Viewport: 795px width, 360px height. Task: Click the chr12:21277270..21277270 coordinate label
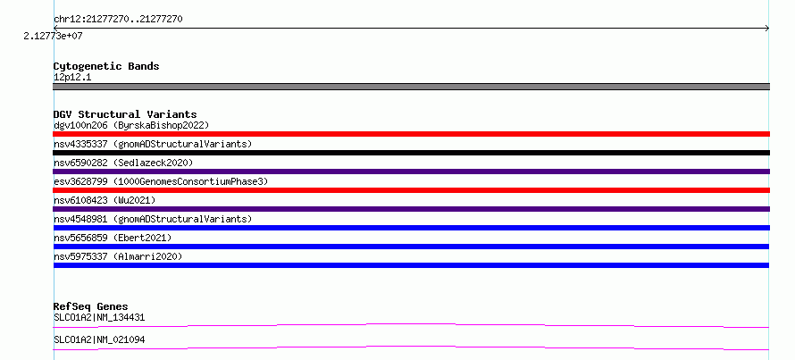118,20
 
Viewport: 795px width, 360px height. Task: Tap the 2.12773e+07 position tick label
53,36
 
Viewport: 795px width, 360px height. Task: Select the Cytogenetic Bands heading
106,66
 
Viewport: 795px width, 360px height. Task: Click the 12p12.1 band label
72,78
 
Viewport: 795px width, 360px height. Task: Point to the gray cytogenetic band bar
411,87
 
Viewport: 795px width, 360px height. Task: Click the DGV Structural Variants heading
125,114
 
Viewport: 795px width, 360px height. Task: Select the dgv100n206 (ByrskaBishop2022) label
131,125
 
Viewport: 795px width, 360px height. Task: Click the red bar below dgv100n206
411,134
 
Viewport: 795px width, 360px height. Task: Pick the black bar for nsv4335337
411,153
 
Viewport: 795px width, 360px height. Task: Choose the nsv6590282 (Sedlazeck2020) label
123,163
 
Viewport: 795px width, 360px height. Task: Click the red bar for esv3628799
411,190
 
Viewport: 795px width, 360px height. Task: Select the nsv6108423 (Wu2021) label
105,200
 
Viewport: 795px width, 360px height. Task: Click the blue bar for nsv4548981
411,228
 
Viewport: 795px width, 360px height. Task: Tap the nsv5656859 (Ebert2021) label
113,238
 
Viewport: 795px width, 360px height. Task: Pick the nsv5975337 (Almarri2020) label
118,256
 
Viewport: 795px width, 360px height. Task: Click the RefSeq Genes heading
90,306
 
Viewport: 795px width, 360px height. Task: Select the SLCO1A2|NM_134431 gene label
99,318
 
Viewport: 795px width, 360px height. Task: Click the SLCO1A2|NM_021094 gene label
99,339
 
